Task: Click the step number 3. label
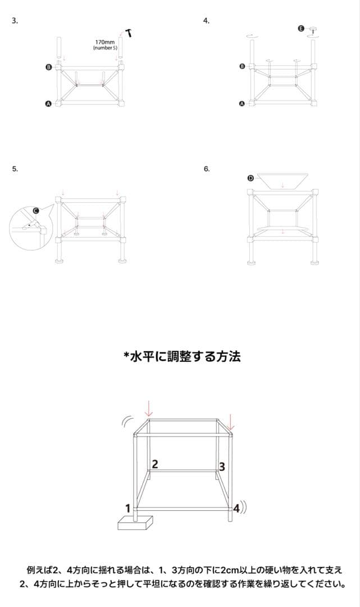[x=15, y=21]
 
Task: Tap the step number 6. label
[x=207, y=169]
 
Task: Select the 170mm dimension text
[x=104, y=42]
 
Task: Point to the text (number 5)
[x=105, y=48]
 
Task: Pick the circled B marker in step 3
[x=48, y=67]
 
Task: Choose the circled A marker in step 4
[x=242, y=104]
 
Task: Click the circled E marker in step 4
[x=301, y=28]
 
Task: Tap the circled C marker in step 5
[x=36, y=211]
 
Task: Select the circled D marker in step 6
[x=250, y=178]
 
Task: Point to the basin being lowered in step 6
[x=282, y=180]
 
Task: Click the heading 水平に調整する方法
[x=182, y=356]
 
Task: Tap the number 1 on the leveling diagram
[x=128, y=508]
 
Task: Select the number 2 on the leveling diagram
[x=154, y=464]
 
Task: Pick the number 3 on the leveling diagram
[x=222, y=466]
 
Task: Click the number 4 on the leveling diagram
[x=236, y=509]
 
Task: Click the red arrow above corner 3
[x=232, y=420]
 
